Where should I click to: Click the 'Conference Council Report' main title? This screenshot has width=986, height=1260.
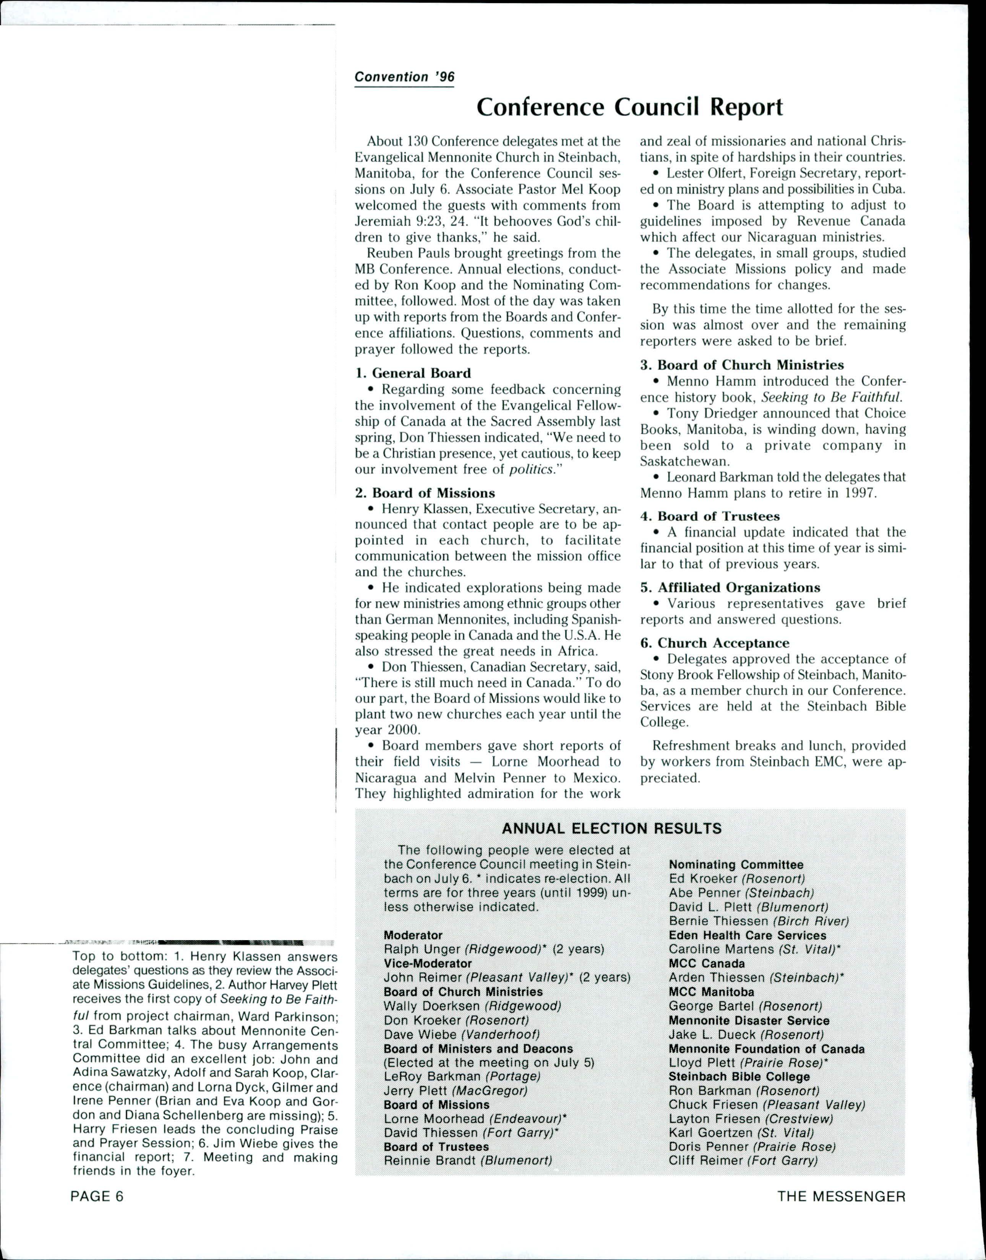click(x=629, y=107)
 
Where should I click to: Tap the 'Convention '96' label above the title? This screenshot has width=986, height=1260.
click(x=404, y=77)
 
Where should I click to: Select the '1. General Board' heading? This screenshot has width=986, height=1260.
click(x=413, y=373)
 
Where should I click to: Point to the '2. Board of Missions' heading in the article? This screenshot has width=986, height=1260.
click(x=425, y=493)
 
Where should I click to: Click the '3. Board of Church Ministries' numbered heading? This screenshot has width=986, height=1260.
click(x=742, y=365)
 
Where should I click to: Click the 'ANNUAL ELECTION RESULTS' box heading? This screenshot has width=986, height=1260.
click(x=612, y=829)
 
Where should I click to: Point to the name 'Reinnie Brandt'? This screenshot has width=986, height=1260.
click(x=430, y=1161)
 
